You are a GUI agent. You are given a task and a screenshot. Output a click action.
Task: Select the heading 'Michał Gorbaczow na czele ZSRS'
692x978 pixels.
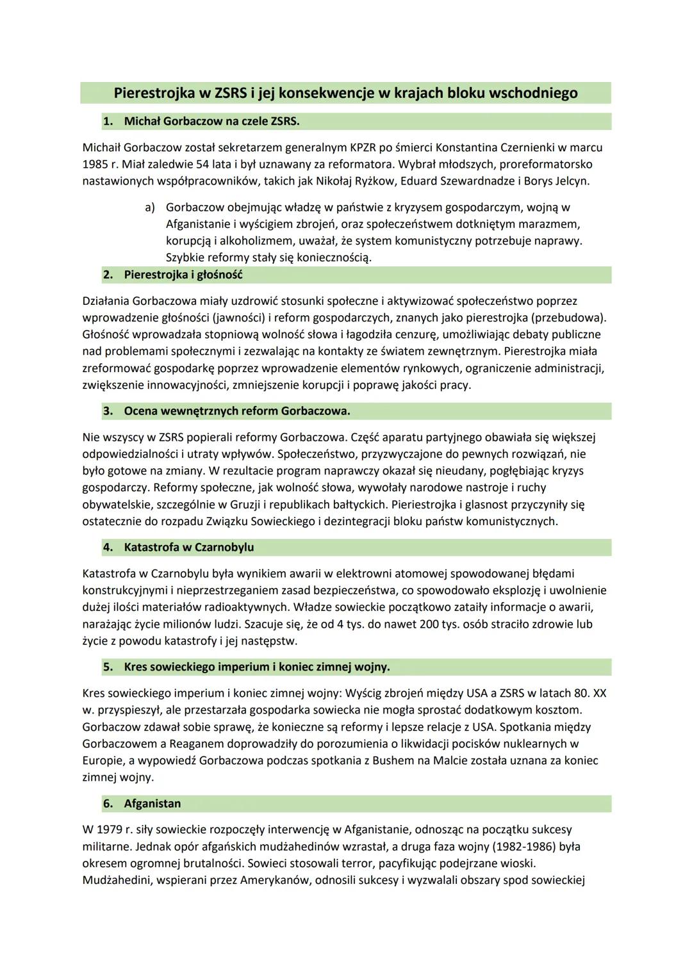click(211, 121)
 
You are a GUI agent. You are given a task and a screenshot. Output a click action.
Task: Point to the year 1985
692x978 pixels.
click(95, 164)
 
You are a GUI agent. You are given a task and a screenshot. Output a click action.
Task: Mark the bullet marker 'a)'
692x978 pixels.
click(150, 208)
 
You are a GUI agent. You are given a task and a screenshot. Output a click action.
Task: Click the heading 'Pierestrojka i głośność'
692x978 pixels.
click(183, 275)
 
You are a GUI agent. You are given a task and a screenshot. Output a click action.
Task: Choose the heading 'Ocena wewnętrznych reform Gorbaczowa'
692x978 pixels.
click(236, 411)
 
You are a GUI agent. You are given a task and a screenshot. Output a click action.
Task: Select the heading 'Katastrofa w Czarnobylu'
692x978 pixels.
click(188, 548)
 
